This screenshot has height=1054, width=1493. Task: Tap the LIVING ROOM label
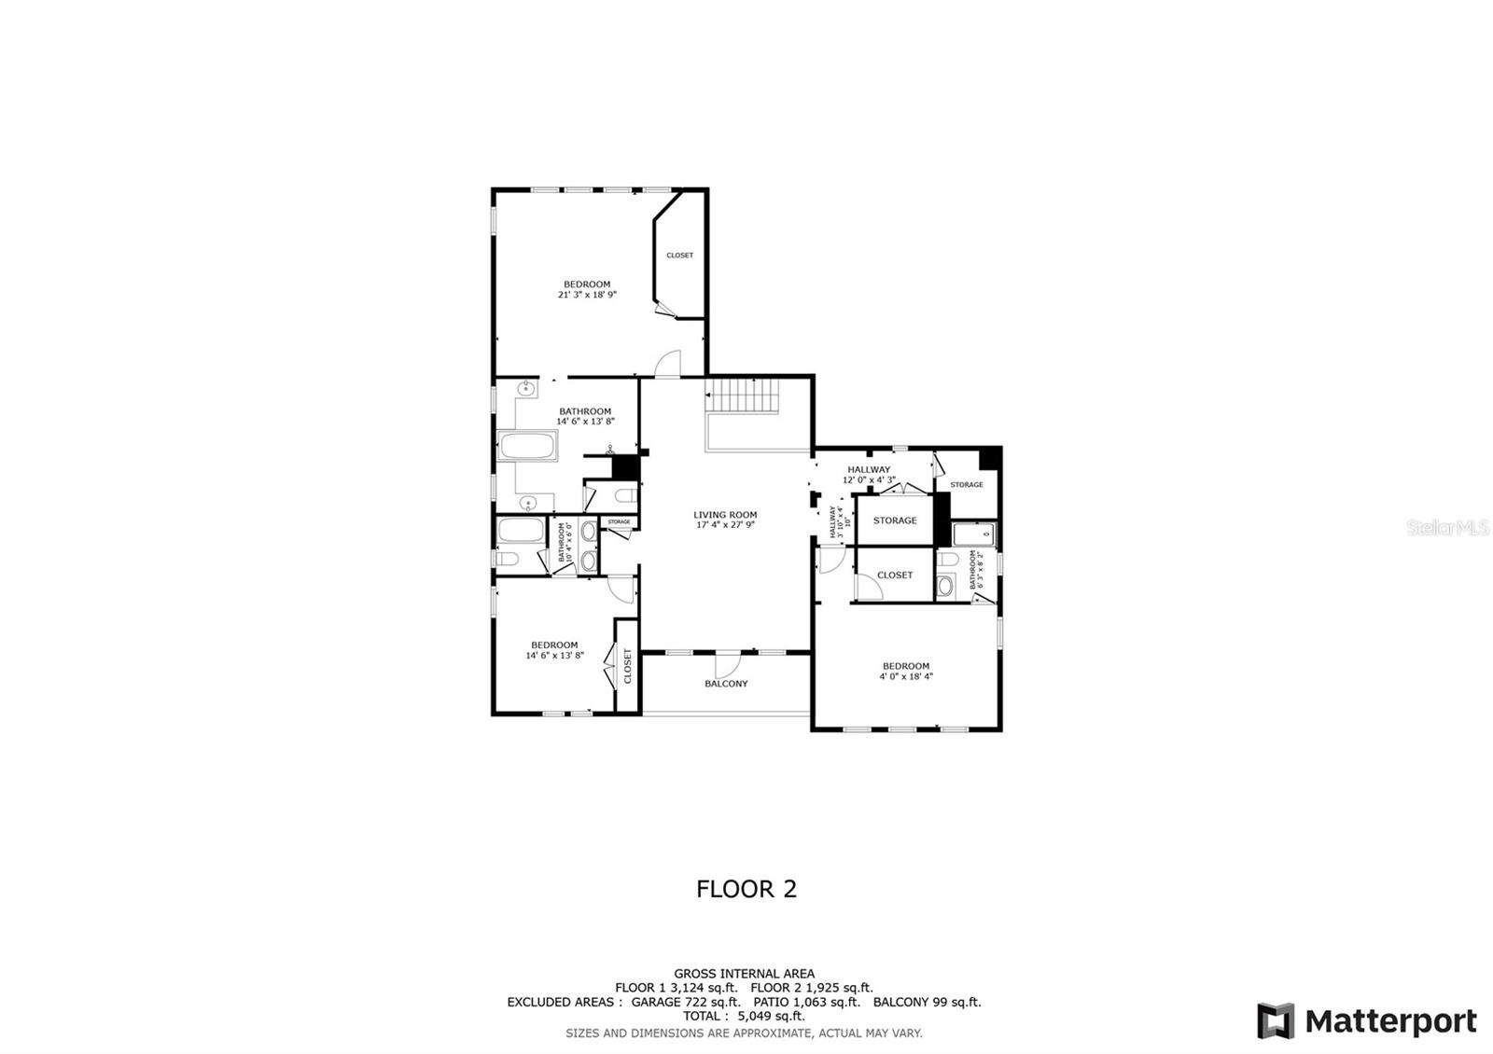pyautogui.click(x=725, y=515)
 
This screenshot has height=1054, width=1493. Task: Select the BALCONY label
pyautogui.click(x=726, y=684)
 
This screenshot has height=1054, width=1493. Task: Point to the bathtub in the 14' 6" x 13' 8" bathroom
pyautogui.click(x=528, y=445)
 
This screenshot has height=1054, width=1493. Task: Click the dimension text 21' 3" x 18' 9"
pyautogui.click(x=587, y=295)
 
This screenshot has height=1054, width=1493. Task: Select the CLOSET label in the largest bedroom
pyautogui.click(x=679, y=256)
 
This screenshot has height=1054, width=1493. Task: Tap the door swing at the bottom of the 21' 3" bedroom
pyautogui.click(x=667, y=365)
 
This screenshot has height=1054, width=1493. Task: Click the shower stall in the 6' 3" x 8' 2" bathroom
pyautogui.click(x=974, y=534)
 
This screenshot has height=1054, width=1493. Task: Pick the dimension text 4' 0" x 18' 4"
pyautogui.click(x=905, y=677)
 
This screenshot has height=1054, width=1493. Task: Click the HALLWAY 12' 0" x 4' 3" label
pyautogui.click(x=869, y=475)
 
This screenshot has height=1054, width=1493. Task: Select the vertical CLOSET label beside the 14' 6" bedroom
pyautogui.click(x=627, y=666)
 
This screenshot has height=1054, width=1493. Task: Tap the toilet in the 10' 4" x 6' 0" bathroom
pyautogui.click(x=505, y=560)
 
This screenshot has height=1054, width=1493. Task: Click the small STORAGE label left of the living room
pyautogui.click(x=619, y=522)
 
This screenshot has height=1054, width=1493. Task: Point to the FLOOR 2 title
pyautogui.click(x=746, y=889)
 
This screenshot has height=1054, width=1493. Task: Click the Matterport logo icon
pyautogui.click(x=1276, y=1020)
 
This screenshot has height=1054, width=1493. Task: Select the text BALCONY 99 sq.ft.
pyautogui.click(x=927, y=1003)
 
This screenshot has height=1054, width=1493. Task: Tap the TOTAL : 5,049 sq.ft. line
pyautogui.click(x=744, y=1017)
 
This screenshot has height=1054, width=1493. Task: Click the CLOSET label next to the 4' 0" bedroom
pyautogui.click(x=894, y=576)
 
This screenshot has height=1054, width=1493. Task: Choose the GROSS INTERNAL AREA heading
pyautogui.click(x=744, y=974)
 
